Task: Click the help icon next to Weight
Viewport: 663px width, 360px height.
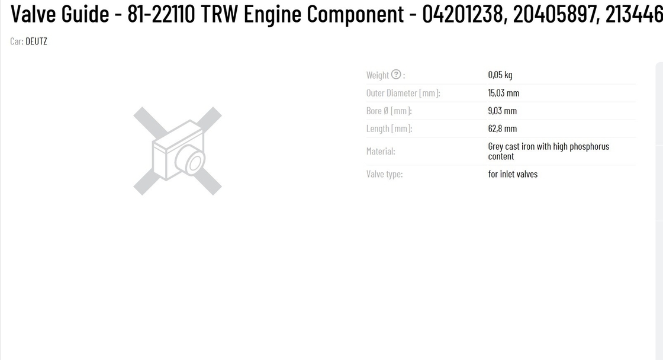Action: (x=396, y=75)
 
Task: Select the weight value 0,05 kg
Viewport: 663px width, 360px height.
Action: (x=500, y=75)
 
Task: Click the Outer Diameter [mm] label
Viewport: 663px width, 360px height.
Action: (x=403, y=93)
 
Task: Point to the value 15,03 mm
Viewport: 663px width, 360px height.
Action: (x=504, y=93)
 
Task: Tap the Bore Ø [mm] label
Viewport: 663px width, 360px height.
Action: (x=389, y=111)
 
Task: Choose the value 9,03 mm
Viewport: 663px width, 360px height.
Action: (x=503, y=111)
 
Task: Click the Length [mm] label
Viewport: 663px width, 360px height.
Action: (x=389, y=128)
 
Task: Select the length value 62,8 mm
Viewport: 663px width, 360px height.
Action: (x=503, y=128)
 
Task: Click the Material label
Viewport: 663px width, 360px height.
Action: (x=381, y=152)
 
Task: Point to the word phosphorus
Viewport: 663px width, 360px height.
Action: (x=590, y=147)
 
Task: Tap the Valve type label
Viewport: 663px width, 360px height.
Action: (x=384, y=174)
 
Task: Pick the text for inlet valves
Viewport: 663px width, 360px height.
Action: (x=513, y=174)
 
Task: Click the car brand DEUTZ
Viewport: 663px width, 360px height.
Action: (x=36, y=41)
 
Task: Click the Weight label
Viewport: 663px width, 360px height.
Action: (x=377, y=75)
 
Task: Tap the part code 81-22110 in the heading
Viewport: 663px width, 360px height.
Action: (x=161, y=14)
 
